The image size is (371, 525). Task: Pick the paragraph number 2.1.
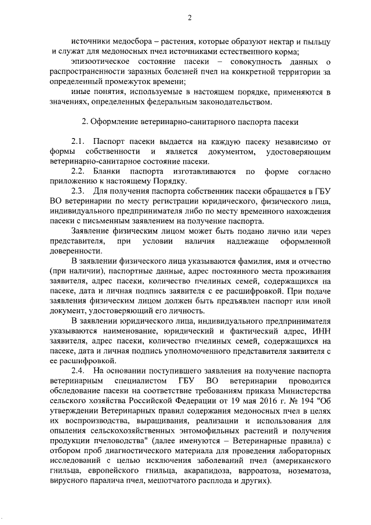(79, 143)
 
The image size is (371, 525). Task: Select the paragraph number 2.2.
(79, 172)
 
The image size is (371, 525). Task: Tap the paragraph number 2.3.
(79, 192)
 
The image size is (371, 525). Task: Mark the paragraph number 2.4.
(79, 371)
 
